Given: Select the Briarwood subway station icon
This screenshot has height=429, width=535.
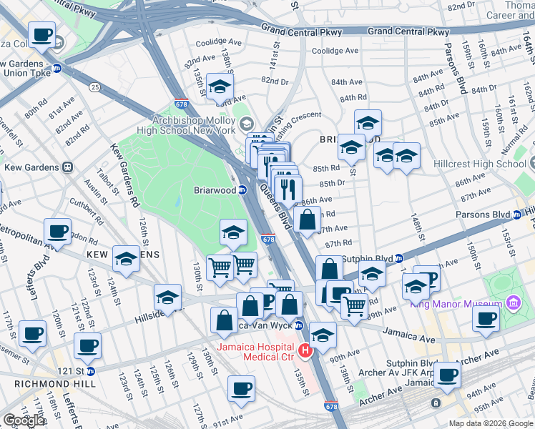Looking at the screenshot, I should click(x=242, y=190).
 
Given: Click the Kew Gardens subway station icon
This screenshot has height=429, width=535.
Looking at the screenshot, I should click(x=68, y=167).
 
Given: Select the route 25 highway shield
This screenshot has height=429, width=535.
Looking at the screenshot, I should click(x=94, y=87).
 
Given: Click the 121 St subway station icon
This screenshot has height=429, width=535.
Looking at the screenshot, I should click(x=90, y=371).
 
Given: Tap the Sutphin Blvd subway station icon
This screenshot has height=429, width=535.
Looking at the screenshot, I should click(x=399, y=258).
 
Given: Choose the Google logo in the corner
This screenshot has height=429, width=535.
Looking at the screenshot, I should click(x=24, y=420).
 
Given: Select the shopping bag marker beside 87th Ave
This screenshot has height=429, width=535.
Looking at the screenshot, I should click(x=307, y=221).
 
